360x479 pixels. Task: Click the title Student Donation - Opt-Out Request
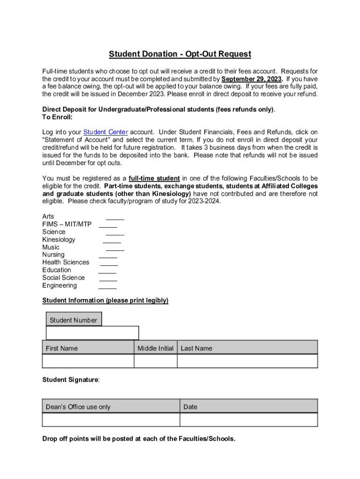tap(180, 54)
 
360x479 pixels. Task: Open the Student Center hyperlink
tap(105, 132)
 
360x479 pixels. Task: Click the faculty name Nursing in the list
tap(53, 255)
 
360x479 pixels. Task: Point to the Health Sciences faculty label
tap(65, 262)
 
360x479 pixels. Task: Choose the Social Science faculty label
tap(64, 278)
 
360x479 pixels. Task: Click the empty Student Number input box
tap(92, 333)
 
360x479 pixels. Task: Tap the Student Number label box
tap(73, 320)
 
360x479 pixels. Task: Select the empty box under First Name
tap(88, 361)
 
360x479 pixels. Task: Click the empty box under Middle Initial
tap(155, 361)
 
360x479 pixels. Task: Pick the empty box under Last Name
tap(247, 361)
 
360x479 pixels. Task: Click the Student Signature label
tap(71, 380)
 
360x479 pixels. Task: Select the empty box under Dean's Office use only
tap(111, 420)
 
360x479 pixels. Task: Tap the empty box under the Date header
tap(248, 420)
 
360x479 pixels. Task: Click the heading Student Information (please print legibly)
tap(105, 300)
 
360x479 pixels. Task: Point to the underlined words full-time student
tap(154, 178)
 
